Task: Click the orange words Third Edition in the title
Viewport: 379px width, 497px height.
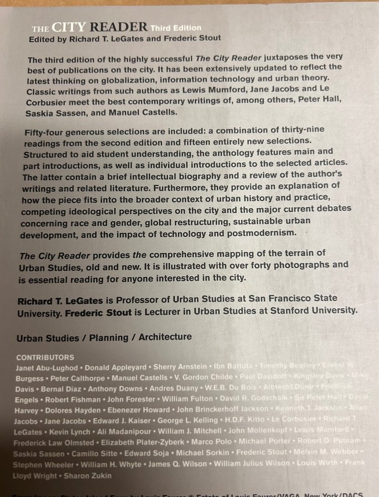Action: tap(176, 28)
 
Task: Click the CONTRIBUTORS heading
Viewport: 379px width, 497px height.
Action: tap(45, 357)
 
